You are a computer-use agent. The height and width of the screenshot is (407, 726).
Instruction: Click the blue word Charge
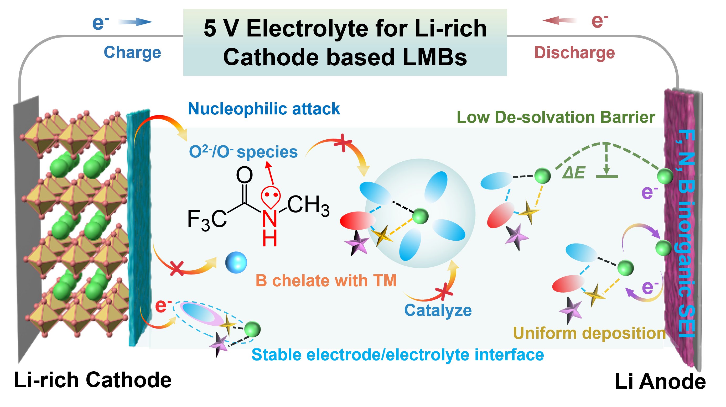click(x=132, y=53)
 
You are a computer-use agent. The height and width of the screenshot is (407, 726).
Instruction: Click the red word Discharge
click(x=575, y=53)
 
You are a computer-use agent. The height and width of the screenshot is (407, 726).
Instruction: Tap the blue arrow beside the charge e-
click(x=135, y=22)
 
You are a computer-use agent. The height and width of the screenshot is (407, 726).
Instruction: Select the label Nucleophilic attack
click(x=264, y=109)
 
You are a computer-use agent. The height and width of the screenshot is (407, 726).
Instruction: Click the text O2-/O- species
click(x=243, y=152)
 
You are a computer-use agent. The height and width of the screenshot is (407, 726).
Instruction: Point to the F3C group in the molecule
click(x=207, y=220)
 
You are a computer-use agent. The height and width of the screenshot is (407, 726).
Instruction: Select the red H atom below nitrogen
click(x=270, y=239)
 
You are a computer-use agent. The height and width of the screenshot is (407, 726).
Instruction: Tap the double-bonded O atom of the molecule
click(x=244, y=175)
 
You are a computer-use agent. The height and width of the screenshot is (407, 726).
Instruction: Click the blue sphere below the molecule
click(x=236, y=262)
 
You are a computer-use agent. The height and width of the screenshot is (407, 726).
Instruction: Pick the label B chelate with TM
click(x=326, y=281)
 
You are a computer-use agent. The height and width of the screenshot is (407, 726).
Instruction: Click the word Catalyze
click(x=438, y=310)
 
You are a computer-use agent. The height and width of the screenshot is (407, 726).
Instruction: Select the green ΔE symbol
click(x=574, y=173)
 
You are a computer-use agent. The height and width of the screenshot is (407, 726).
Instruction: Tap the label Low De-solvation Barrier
click(x=556, y=117)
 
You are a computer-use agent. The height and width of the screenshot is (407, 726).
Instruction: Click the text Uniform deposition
click(x=590, y=334)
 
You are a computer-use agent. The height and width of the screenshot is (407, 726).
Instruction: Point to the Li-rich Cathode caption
click(x=93, y=380)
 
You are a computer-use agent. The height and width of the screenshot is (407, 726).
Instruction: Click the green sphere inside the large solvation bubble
click(x=421, y=216)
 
